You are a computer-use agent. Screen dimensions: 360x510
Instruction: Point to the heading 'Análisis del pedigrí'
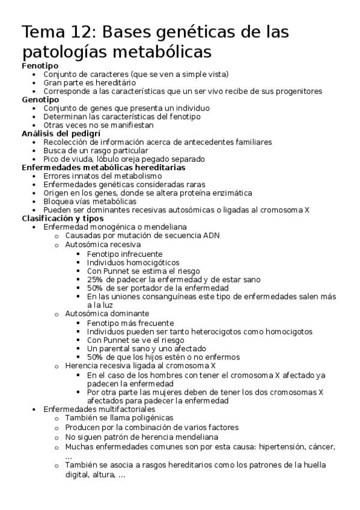click(61, 133)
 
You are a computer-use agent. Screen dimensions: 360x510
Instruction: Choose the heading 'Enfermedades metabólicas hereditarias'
click(103, 167)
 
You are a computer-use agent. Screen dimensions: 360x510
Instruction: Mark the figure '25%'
click(95, 279)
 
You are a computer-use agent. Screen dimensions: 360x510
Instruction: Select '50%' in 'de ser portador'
click(95, 287)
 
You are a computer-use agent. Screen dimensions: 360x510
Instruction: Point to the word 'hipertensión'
click(275, 447)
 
